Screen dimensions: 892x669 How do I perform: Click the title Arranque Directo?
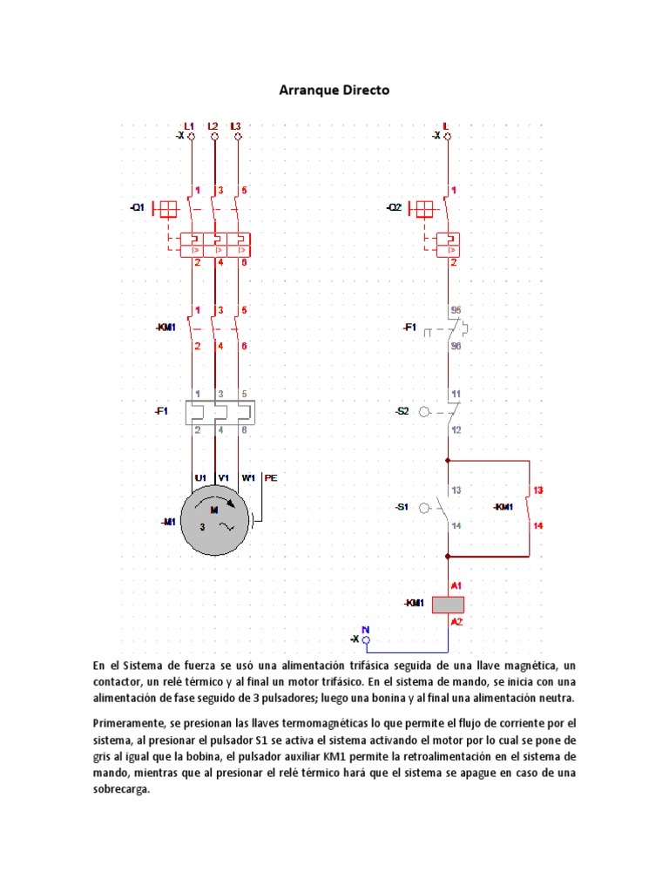tap(334, 90)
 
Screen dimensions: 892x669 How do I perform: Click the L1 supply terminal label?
tap(190, 126)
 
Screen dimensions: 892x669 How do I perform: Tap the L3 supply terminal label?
tap(235, 126)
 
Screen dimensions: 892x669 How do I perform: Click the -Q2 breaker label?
tap(395, 208)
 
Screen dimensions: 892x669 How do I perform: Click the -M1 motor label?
tap(168, 522)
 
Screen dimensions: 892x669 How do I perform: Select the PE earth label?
tap(271, 477)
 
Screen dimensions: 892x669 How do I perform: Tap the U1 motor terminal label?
tap(200, 477)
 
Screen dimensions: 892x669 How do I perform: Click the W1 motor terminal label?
tap(248, 477)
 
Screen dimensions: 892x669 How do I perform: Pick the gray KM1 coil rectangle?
tap(448, 604)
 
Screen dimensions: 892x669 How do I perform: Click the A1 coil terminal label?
tap(456, 586)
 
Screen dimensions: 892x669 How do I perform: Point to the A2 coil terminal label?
tap(456, 622)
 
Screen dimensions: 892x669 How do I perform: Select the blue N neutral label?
tap(366, 629)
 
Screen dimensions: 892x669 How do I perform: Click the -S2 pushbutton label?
tap(402, 411)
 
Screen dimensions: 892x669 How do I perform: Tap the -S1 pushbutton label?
tap(402, 507)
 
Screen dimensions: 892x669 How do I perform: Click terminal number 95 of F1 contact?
tap(455, 309)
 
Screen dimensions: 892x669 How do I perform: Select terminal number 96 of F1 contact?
tap(455, 346)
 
